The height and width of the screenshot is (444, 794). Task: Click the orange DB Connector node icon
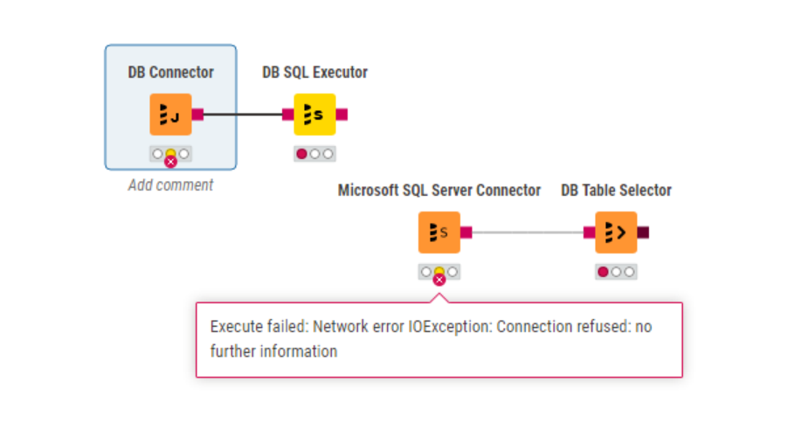[170, 114]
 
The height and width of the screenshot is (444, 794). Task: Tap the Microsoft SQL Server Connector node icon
[439, 232]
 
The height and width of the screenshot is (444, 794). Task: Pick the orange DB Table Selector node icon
[616, 232]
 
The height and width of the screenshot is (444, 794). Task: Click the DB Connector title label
[170, 73]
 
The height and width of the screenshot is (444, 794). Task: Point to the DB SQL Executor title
[314, 73]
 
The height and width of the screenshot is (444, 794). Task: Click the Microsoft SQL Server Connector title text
[439, 191]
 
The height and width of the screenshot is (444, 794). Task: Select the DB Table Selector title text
[616, 191]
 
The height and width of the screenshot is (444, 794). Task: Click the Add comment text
[170, 185]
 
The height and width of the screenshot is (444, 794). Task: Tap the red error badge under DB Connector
[171, 162]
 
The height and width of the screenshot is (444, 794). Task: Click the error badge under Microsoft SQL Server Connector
[439, 280]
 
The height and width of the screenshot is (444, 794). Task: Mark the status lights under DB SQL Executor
[314, 154]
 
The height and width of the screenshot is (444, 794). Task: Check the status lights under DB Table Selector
[616, 272]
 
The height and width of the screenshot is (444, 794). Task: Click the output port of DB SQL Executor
[342, 114]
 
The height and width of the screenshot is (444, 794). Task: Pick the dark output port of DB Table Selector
[643, 232]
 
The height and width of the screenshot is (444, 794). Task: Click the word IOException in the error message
[451, 327]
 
